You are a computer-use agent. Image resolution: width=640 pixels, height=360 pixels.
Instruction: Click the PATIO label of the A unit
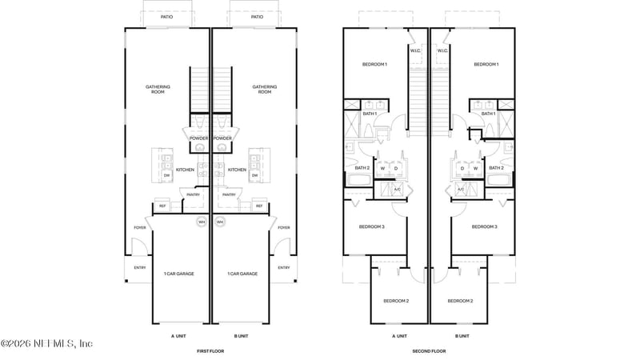(166, 17)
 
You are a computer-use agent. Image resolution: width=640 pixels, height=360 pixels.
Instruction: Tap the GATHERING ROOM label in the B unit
(264, 90)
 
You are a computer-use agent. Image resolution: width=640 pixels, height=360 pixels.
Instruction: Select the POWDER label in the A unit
(198, 138)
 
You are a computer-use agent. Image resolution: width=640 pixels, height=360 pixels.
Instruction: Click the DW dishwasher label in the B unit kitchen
(255, 175)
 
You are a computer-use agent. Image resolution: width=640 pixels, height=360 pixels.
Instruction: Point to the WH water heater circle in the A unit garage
(202, 222)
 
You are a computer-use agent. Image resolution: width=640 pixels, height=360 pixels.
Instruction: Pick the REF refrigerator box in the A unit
(162, 206)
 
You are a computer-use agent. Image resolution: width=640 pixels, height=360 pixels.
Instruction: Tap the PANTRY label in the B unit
(229, 194)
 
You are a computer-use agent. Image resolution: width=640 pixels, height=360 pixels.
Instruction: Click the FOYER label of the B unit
(283, 228)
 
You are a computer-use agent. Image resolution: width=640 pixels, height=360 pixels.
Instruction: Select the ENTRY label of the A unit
(140, 268)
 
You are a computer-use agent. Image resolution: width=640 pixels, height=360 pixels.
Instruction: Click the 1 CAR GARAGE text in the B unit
(242, 274)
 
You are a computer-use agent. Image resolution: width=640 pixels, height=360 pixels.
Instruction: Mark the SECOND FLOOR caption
(429, 351)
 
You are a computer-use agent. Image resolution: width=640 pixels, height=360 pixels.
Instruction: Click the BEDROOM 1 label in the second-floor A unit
(375, 64)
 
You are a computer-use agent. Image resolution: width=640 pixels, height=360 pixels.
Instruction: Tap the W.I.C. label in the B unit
(442, 50)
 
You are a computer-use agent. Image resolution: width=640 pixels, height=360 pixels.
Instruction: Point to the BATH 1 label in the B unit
(487, 114)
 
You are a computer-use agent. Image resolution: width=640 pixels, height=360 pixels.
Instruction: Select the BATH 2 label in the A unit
(362, 168)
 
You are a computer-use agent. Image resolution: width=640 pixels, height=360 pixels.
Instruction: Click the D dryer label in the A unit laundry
(396, 168)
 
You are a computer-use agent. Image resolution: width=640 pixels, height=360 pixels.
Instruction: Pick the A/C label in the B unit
(461, 190)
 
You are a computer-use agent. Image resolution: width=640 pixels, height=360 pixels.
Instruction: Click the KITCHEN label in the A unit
(185, 170)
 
